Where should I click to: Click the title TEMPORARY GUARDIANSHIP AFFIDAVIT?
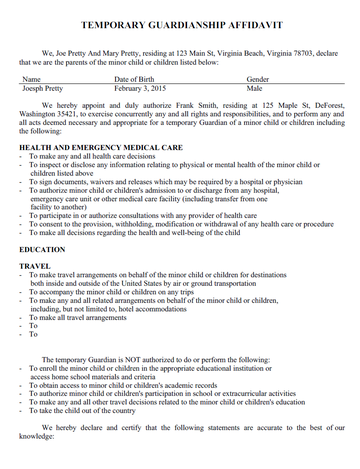(x=181, y=21)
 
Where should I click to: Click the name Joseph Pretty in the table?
(x=44, y=88)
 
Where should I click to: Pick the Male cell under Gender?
(x=255, y=88)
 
